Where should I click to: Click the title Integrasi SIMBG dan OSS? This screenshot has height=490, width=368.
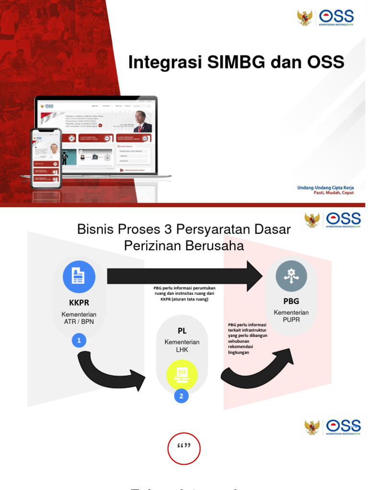[x=236, y=63]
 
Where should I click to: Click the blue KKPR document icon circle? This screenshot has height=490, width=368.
[x=79, y=277]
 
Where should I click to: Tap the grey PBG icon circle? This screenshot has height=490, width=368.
[x=291, y=275]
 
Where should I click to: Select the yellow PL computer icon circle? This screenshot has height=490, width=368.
[x=182, y=374]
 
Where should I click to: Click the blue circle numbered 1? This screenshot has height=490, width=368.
[x=79, y=341]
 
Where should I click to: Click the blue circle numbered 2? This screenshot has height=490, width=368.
[x=181, y=396]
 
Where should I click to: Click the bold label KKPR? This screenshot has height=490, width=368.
[x=79, y=303]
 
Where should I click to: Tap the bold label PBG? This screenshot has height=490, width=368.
[x=291, y=301]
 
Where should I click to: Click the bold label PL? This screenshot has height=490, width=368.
[x=182, y=331]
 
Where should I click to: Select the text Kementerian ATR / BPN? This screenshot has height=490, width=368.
[x=79, y=318]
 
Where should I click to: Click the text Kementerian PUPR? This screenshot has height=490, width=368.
[x=291, y=316]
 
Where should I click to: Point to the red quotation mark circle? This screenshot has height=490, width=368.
[x=184, y=448]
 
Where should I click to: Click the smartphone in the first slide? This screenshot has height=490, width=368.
[x=46, y=158]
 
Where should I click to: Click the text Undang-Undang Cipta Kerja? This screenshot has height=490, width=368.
[x=325, y=188]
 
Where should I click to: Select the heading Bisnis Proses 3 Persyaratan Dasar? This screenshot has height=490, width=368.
[x=184, y=230]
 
